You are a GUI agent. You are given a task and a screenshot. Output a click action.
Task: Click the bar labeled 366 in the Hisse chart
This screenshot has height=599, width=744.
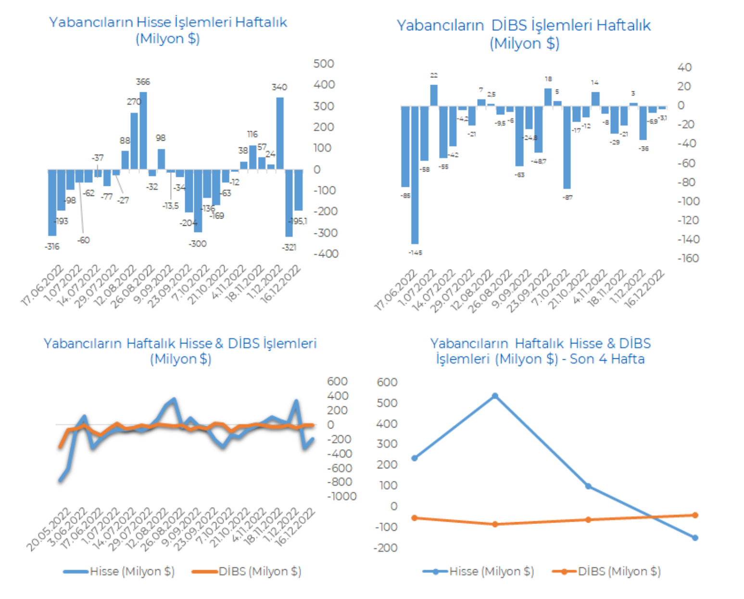tap(143, 131)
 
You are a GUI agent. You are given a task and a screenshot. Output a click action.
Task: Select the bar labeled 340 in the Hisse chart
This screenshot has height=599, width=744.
tap(279, 134)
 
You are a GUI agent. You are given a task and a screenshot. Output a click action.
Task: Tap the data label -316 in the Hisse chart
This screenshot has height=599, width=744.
tap(52, 246)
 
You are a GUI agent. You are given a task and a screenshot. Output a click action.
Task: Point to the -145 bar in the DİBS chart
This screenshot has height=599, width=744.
tap(415, 175)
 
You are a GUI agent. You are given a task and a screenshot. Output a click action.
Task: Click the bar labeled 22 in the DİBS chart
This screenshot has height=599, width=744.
tap(434, 95)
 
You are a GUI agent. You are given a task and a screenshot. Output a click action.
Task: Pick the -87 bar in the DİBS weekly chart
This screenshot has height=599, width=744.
tap(567, 147)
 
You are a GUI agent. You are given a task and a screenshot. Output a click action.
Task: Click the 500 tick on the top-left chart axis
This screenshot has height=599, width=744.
tap(324, 63)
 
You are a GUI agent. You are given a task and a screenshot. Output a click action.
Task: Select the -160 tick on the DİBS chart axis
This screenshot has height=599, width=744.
tap(688, 258)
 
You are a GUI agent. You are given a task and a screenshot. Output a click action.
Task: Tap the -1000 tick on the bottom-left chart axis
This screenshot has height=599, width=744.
tap(342, 496)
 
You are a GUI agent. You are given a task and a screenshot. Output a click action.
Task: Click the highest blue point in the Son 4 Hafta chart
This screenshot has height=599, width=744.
tap(495, 396)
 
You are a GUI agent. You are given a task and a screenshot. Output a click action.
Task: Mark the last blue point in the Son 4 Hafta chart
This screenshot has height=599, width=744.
tap(695, 538)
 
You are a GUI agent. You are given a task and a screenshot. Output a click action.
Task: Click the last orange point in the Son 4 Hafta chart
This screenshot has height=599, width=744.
tap(695, 515)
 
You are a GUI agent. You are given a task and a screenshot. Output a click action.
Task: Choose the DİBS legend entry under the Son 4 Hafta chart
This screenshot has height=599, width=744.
tap(618, 572)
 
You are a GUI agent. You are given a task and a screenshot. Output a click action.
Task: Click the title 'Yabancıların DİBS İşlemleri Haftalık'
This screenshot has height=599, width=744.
tap(524, 25)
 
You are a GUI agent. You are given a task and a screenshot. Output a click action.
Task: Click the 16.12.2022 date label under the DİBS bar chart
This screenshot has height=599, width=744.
tap(644, 289)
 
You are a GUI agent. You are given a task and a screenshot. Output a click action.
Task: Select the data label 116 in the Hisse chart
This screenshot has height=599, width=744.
tap(252, 134)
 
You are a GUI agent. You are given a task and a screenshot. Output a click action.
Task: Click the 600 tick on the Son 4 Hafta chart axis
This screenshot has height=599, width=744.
tap(387, 382)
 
